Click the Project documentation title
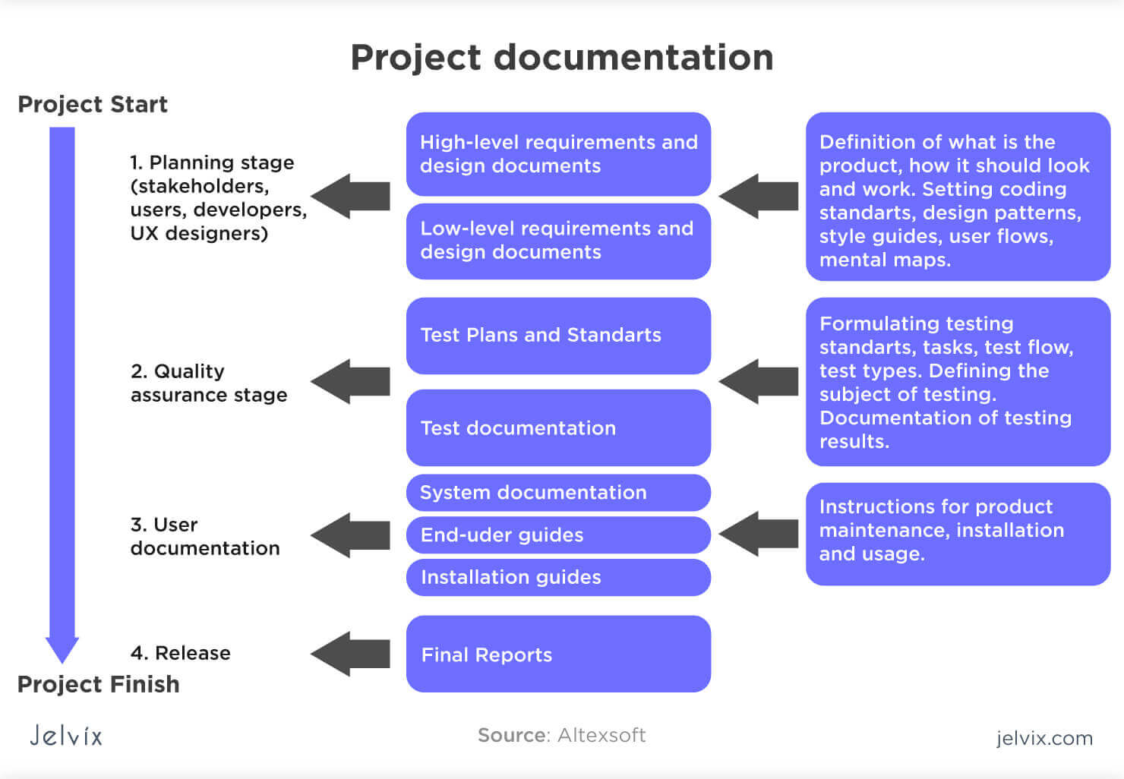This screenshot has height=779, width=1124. [x=561, y=58]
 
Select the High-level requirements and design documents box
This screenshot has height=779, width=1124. [x=558, y=154]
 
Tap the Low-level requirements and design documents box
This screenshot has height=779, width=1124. [x=558, y=241]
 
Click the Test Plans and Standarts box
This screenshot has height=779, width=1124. [x=558, y=335]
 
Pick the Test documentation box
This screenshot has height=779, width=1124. [x=558, y=427]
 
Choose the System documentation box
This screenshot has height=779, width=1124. [x=558, y=493]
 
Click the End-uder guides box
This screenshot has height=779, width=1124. [x=558, y=535]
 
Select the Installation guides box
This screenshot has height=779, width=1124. [x=558, y=577]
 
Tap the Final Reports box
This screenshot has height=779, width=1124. [x=558, y=654]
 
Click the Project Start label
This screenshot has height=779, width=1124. [x=92, y=104]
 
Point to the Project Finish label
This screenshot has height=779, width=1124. [x=98, y=684]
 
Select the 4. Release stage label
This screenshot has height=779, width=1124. [x=180, y=653]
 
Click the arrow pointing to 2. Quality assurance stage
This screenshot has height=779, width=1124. [x=351, y=381]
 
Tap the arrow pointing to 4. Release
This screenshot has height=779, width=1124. [x=351, y=654]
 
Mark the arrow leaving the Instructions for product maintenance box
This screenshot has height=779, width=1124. [x=758, y=534]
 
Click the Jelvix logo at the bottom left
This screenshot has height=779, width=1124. [x=66, y=735]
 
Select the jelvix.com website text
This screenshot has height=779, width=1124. [x=1044, y=738]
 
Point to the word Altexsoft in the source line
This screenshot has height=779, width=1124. [x=601, y=735]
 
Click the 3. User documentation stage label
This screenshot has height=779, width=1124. [x=205, y=536]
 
